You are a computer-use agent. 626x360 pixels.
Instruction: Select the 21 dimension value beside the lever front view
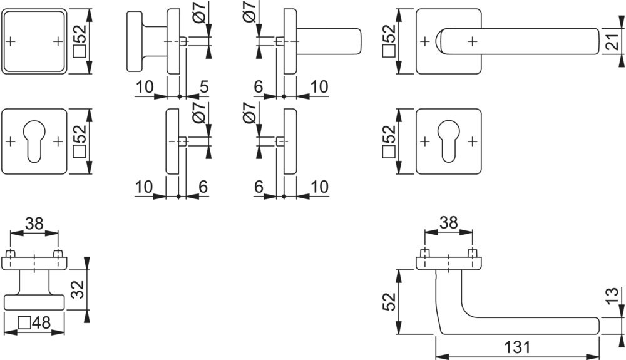[614, 42]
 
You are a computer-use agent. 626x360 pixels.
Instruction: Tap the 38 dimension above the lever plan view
[449, 223]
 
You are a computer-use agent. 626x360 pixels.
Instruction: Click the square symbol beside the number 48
[24, 323]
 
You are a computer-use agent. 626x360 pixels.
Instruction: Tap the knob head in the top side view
[135, 41]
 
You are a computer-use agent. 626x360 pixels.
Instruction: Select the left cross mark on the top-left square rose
[11, 41]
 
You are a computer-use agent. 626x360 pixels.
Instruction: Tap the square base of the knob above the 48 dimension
[34, 302]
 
